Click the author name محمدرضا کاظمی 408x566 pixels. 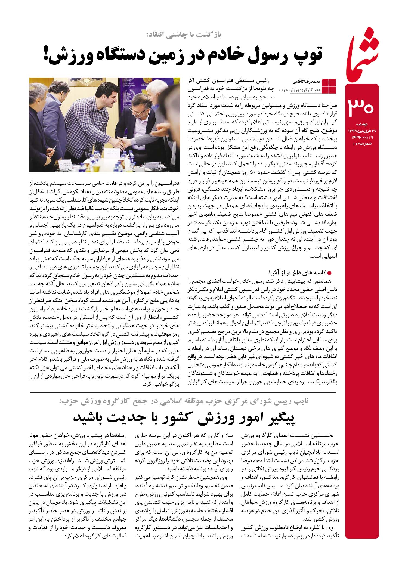tap(306, 81)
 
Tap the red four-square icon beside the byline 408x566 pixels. tap(329, 86)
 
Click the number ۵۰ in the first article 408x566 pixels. tap(252, 172)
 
